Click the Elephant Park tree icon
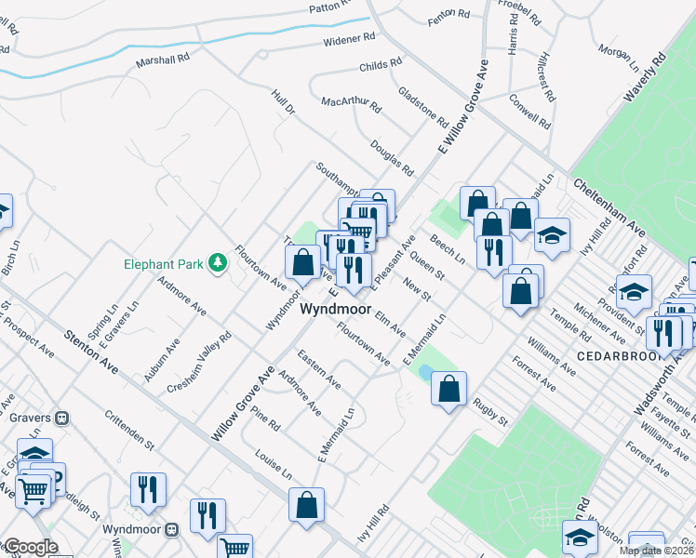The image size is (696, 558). [x=218, y=264]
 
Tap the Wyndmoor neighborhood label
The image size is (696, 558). [x=335, y=310]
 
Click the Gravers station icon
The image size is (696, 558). [x=63, y=418]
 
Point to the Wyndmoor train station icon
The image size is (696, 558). [x=171, y=529]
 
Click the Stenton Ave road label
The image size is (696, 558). [x=91, y=351]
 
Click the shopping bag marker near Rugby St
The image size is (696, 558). [x=448, y=391]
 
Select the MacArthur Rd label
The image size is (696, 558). [x=351, y=104]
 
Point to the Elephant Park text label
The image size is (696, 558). [x=164, y=264]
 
